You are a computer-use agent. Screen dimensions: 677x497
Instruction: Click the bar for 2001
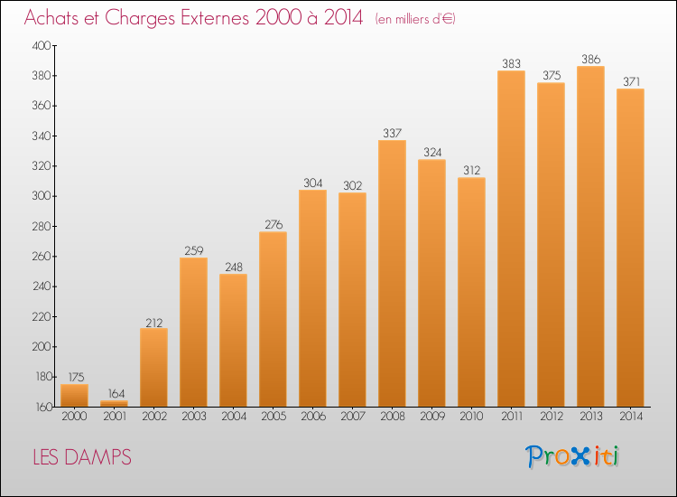tap(114, 404)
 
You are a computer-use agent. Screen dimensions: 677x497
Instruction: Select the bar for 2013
tap(590, 237)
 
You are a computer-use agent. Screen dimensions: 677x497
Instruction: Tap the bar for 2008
tap(392, 274)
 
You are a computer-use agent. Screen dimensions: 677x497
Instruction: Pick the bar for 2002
tap(153, 368)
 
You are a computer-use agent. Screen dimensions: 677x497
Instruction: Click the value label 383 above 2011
tap(511, 63)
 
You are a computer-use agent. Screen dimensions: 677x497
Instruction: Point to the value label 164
tap(116, 393)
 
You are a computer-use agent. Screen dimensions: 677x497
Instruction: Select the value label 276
tap(274, 224)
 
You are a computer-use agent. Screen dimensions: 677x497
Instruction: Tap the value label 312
tap(472, 170)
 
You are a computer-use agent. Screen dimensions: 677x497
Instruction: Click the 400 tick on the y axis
tap(42, 45)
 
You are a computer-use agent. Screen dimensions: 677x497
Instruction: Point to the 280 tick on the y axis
tap(42, 226)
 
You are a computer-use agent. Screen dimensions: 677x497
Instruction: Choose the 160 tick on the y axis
tap(43, 407)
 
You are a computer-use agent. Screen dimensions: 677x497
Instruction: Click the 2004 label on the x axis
tap(234, 417)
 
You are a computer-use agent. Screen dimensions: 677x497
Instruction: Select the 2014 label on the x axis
tap(631, 417)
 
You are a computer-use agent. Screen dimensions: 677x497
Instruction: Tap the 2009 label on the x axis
tap(432, 417)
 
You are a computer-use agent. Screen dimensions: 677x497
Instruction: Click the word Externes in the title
tap(215, 17)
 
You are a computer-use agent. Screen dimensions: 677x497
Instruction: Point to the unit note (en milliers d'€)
tap(415, 19)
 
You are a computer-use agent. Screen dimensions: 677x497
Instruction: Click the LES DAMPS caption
tap(82, 457)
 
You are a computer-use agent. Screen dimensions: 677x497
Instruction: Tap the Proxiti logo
tap(572, 456)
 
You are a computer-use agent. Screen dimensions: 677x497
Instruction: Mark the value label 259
tap(194, 250)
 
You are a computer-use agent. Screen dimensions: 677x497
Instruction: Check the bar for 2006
tap(312, 298)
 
